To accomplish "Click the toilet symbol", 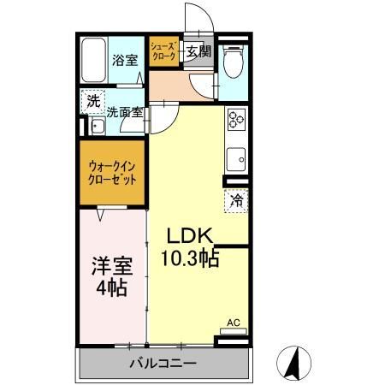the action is coord(234,62).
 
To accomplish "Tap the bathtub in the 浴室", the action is coord(93,60).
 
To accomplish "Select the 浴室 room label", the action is coord(125,60).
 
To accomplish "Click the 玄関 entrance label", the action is coord(198,51).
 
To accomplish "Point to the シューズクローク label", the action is coord(163,50).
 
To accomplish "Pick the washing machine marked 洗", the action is coord(93,101).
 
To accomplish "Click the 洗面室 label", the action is coord(125,112).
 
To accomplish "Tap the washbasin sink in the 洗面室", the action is coord(98,126).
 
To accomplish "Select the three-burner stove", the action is coord(237,120).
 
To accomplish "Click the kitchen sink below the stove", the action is coord(236,159).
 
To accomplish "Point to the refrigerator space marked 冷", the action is coord(236,200).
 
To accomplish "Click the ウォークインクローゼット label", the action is coord(112,173).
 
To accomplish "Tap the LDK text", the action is coord(190,235).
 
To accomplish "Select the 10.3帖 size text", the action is coord(190,258).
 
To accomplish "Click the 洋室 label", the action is coord(112,266).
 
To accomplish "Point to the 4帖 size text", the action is coord(111,287).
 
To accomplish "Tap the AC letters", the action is coord(234,323).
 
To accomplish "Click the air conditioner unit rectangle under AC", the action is coord(234,331).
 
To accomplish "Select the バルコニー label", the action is coord(163,364).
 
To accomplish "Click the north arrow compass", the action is coord(293,363).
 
